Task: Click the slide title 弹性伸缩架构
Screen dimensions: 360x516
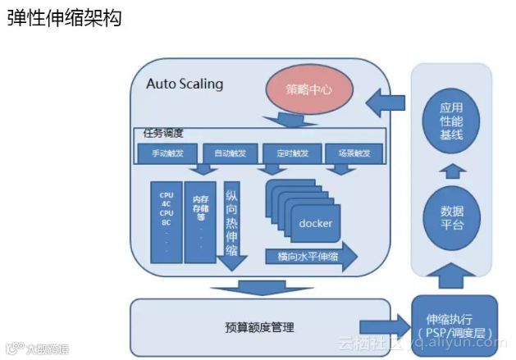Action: [64, 18]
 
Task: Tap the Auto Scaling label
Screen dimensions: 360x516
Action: [185, 84]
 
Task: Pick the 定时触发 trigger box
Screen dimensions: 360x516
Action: [286, 153]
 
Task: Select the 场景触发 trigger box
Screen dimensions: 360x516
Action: [348, 153]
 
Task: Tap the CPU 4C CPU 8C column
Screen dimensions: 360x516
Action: [166, 221]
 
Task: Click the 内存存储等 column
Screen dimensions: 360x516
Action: [200, 221]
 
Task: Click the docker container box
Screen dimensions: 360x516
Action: [314, 223]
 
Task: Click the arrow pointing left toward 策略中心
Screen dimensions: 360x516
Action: [386, 104]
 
